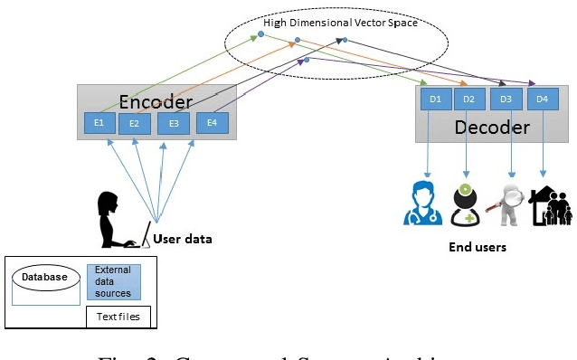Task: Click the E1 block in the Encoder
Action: pos(99,122)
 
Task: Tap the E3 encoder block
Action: pos(174,124)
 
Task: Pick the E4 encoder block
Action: pos(212,122)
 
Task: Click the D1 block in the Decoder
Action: pos(435,99)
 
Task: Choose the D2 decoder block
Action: pos(468,99)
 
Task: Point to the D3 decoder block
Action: pos(506,99)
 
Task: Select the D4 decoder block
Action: pos(542,99)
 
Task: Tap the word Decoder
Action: pos(491,127)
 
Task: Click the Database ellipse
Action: pos(45,277)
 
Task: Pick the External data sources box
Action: pos(113,281)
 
